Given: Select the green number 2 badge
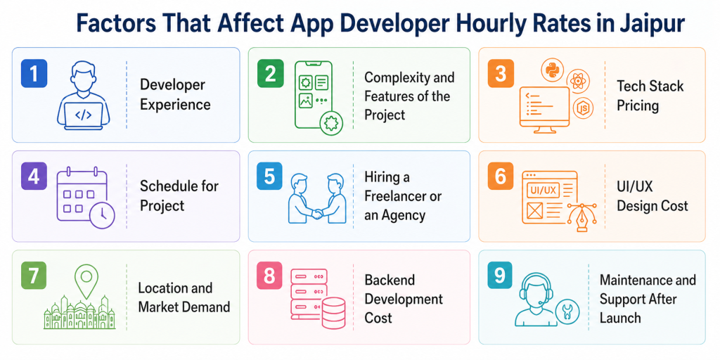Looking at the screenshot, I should pos(269,73).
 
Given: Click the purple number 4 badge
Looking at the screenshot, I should pos(33,176).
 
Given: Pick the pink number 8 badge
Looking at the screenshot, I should pos(269,276).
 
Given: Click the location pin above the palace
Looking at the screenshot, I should pos(86,279).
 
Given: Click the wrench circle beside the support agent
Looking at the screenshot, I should pos(567,312).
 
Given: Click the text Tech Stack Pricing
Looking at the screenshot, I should pos(650,96).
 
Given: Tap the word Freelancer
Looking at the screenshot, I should pos(403,196).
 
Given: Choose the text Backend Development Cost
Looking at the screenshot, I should pos(404,299).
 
